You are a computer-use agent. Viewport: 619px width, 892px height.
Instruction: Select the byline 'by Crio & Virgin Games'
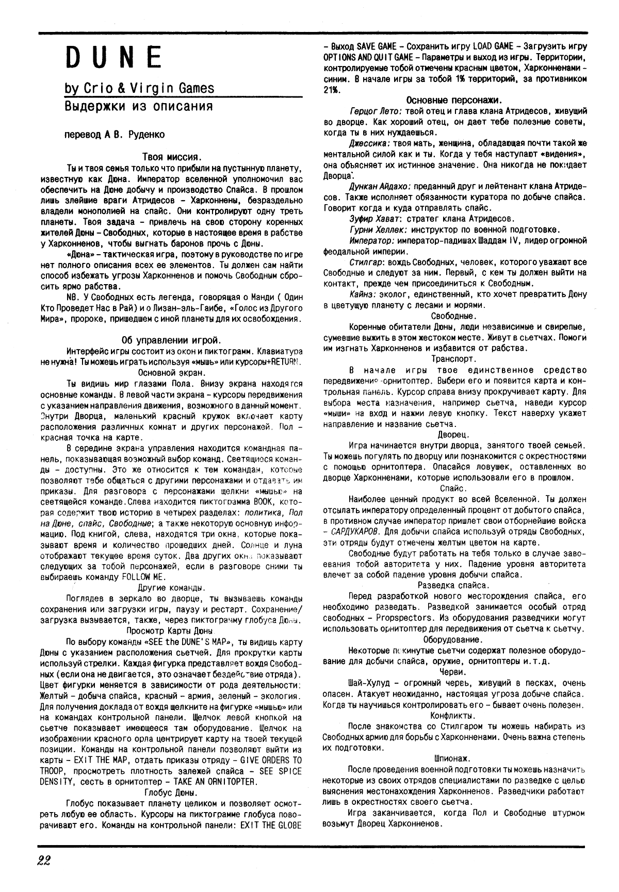click(139, 89)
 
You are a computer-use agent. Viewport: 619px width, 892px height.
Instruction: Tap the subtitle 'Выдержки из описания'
click(138, 106)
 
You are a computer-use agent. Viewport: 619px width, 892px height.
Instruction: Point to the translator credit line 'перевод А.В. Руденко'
click(114, 135)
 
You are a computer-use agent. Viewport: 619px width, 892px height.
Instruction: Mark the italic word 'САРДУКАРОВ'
click(356, 531)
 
